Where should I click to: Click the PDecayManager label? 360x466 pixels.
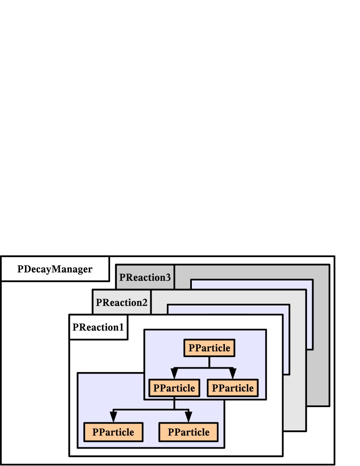(x=55, y=269)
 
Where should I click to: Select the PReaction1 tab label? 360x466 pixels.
(x=98, y=327)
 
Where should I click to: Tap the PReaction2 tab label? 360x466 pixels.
(x=122, y=302)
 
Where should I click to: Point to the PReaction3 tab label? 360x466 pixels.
(x=145, y=277)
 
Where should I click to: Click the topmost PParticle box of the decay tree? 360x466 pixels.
(x=209, y=348)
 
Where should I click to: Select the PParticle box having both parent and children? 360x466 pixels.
(x=174, y=388)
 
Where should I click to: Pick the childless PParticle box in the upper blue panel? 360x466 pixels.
(x=233, y=388)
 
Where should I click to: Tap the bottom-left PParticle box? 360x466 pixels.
(x=113, y=432)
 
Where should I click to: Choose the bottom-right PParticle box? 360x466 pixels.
(x=188, y=432)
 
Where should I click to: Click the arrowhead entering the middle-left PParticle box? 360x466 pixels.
(x=174, y=374)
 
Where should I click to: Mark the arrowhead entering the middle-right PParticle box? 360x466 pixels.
(x=233, y=374)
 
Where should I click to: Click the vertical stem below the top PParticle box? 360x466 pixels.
(x=209, y=362)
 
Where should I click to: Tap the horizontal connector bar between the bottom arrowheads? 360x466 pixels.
(x=151, y=410)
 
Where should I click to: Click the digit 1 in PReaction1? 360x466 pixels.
(x=121, y=327)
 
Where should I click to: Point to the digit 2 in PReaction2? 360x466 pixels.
(x=145, y=302)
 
